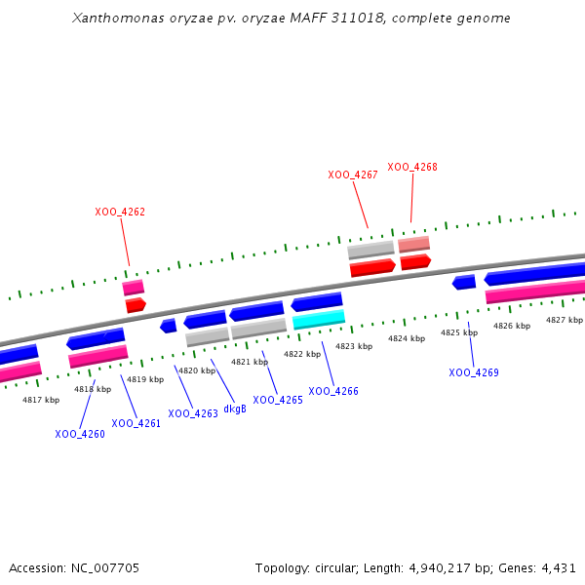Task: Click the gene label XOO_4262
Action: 120,212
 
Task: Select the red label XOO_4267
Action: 353,175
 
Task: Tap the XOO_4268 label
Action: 412,167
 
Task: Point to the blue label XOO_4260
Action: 80,434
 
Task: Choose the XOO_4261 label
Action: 136,423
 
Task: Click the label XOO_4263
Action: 193,413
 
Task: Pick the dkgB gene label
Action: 235,409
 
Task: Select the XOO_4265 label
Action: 278,400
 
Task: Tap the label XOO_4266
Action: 333,391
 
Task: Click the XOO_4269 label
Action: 474,372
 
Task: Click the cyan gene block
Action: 319,319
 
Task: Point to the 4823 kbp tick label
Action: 354,346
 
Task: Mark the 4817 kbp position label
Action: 41,400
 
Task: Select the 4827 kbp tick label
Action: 565,320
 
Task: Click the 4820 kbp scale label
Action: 196,370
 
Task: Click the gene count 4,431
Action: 559,567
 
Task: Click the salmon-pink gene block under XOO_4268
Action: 413,244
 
